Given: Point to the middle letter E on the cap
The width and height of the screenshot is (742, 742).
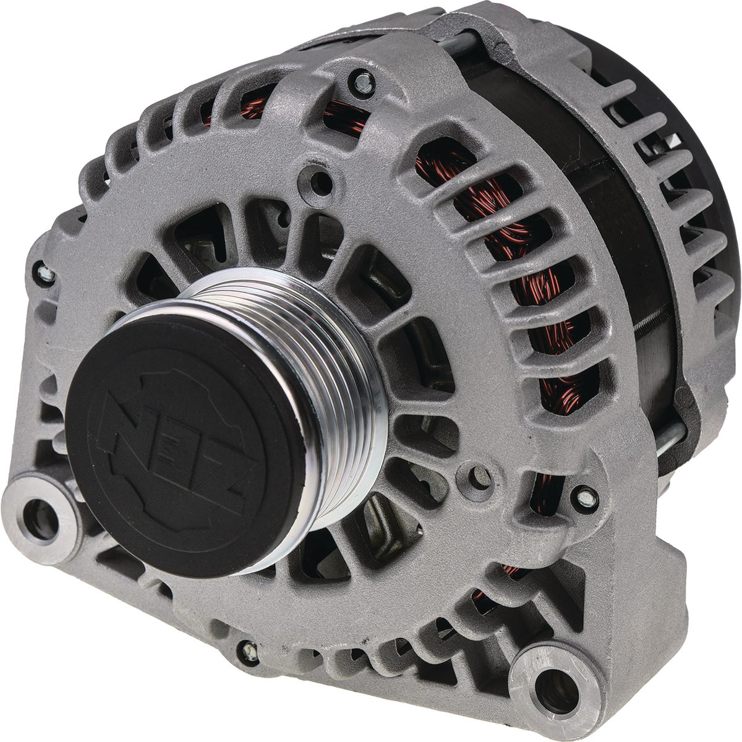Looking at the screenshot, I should point(175,450).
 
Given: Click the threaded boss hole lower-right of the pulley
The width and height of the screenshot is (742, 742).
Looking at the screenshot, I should point(481,477).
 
